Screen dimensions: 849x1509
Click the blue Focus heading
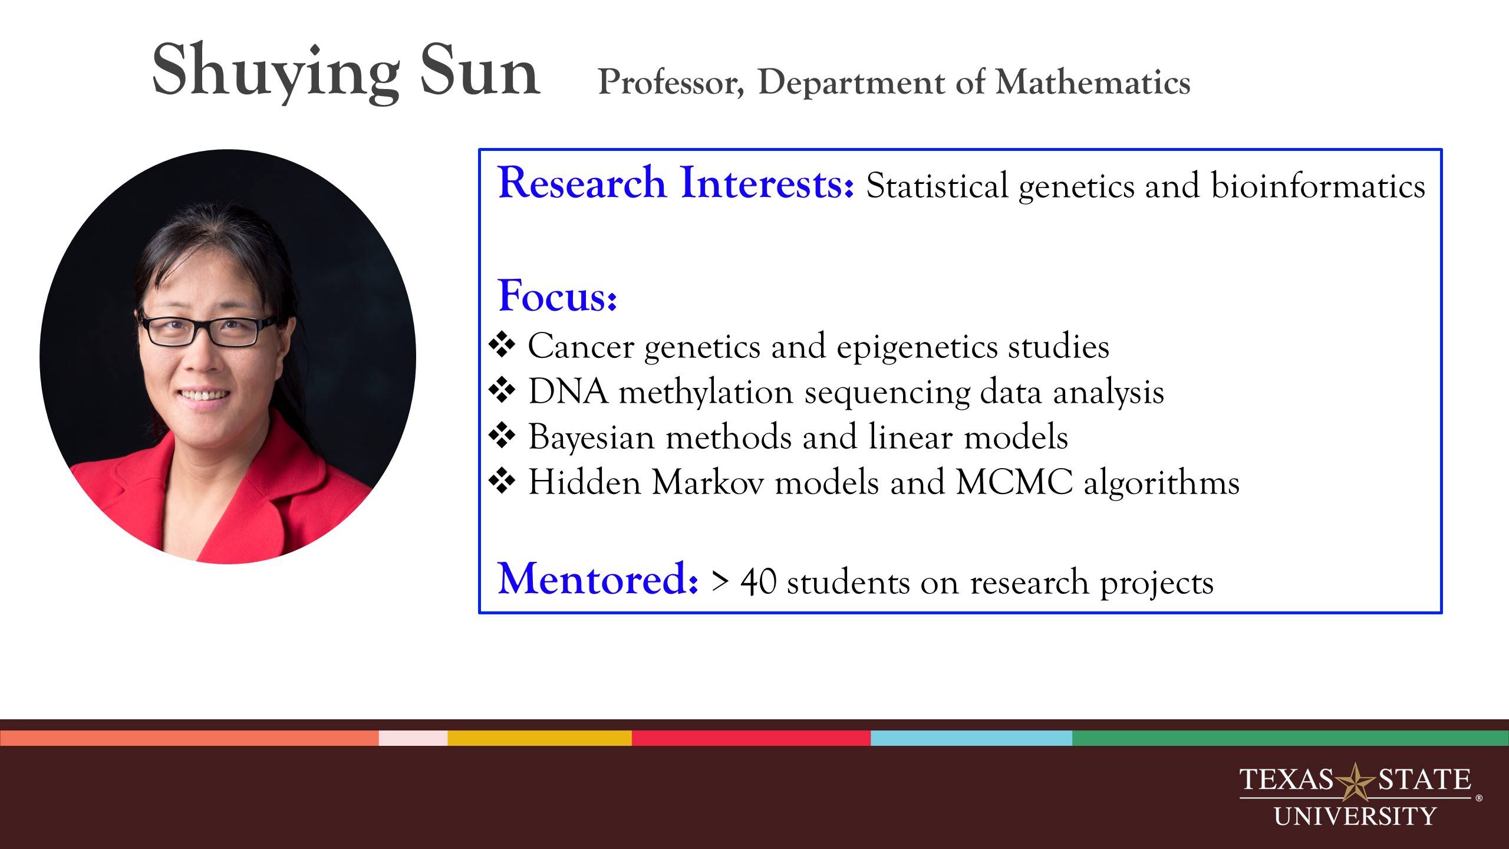pos(557,295)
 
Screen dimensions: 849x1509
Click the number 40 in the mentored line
pos(758,582)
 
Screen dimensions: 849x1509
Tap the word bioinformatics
pos(1317,186)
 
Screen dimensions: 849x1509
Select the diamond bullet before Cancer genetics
pos(502,346)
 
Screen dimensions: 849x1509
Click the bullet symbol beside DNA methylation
pos(502,391)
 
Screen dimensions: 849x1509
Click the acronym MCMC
pos(1014,483)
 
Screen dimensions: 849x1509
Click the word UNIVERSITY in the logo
pos(1355,817)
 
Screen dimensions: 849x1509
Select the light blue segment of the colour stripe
pos(971,738)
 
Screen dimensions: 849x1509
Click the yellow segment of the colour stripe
pos(539,738)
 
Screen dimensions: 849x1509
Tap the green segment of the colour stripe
pos(1290,738)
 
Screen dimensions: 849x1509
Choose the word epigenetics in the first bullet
pos(917,346)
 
